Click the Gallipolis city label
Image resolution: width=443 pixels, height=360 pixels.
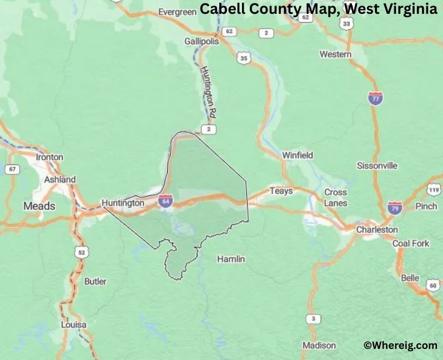202,42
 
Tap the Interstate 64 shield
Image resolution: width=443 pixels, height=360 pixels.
165,201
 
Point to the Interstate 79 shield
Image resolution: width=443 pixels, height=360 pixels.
394,208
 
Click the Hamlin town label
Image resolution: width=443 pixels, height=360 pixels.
231,259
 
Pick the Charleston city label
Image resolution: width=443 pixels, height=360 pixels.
377,229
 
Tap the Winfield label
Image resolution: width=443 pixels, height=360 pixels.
297,155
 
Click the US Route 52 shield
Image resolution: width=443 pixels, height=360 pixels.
81,253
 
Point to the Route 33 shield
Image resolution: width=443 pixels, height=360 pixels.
347,24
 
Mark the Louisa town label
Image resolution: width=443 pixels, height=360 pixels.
74,325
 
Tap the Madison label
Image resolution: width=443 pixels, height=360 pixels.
318,346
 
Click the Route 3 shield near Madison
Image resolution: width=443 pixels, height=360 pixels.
313,319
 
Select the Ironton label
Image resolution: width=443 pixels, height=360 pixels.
49,157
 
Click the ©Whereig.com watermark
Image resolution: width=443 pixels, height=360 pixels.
400,345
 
